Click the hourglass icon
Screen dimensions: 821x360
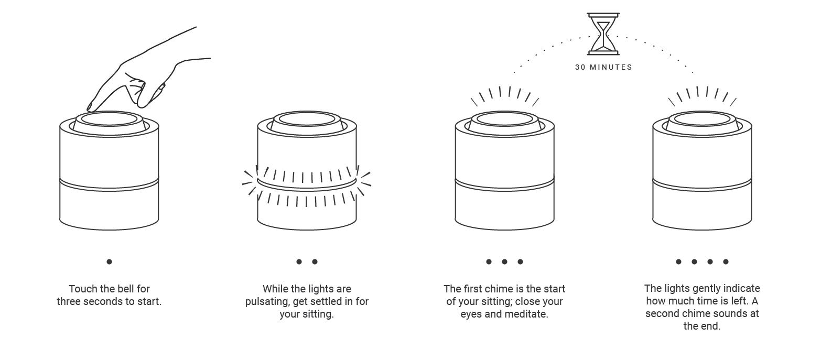click(x=603, y=34)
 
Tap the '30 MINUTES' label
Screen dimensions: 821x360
click(x=603, y=67)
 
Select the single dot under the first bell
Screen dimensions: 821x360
click(x=109, y=261)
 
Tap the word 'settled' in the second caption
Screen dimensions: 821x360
click(x=326, y=301)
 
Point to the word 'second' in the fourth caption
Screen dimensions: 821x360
click(x=662, y=314)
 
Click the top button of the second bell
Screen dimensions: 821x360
click(x=307, y=119)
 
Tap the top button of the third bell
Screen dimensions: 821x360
click(x=504, y=119)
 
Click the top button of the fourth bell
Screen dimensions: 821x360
click(x=702, y=119)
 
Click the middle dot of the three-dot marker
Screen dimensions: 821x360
click(x=504, y=261)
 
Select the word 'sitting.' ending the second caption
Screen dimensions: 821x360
click(x=318, y=314)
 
